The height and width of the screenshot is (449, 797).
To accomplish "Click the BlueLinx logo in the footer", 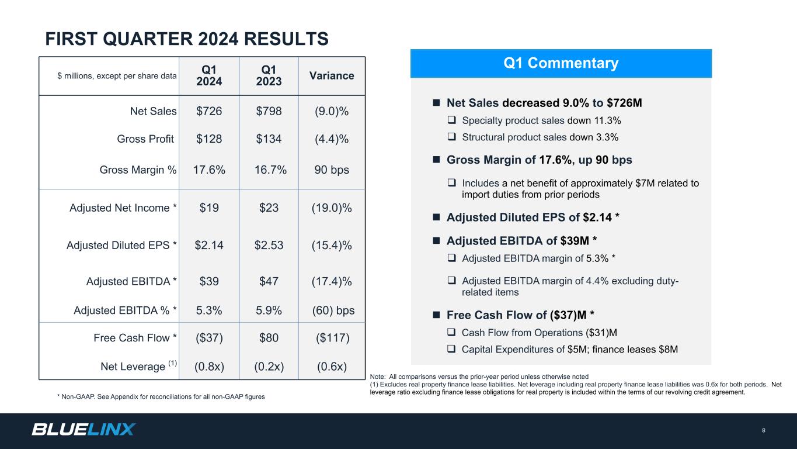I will [x=83, y=430].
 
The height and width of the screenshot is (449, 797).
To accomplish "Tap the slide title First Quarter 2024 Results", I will [x=187, y=39].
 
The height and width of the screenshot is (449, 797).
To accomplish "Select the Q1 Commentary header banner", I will [x=561, y=63].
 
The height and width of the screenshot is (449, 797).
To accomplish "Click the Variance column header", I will [x=332, y=75].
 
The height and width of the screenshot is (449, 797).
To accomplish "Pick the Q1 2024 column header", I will [x=209, y=75].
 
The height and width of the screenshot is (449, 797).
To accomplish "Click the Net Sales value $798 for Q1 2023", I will [x=269, y=111].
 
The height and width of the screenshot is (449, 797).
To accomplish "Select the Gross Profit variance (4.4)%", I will [x=332, y=139].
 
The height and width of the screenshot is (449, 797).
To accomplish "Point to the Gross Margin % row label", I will [x=138, y=170].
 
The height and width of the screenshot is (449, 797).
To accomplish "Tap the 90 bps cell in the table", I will [x=332, y=170].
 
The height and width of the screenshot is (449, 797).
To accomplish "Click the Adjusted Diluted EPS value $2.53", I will [x=269, y=245].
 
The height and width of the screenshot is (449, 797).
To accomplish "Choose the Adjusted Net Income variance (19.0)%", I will [x=332, y=208].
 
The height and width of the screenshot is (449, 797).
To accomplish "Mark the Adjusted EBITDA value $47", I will [x=269, y=282].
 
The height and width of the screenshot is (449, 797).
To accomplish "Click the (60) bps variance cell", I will [x=333, y=310].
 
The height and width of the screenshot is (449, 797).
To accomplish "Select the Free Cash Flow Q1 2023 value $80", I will [x=269, y=338].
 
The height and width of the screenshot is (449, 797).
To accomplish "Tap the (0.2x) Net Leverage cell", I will [x=269, y=367].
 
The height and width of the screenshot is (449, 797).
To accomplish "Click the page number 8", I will [x=763, y=431].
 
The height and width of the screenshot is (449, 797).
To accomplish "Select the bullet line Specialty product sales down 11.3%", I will [x=541, y=120].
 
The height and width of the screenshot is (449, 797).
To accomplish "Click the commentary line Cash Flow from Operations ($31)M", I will [x=539, y=333].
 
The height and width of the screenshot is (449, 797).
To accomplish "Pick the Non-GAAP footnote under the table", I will [x=161, y=397].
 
